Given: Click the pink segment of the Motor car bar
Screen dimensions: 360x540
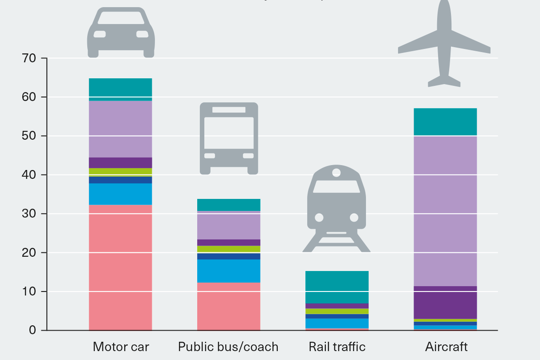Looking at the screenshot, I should click(120, 267).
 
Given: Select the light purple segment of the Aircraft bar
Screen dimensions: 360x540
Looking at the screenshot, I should click(446, 211).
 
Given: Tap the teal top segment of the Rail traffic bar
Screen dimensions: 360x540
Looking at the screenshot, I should click(337, 287).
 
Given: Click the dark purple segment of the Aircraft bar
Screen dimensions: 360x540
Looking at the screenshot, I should click(446, 302).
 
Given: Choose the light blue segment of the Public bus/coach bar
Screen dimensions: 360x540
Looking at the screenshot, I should click(228, 271).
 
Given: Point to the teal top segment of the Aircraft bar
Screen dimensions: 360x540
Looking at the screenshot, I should click(446, 121).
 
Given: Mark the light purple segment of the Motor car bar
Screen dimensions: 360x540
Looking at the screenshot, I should click(120, 129).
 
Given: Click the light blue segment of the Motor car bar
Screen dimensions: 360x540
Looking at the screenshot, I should click(120, 194).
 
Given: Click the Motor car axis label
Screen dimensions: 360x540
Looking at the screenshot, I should click(121, 347).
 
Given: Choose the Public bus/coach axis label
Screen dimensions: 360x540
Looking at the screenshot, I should click(228, 347).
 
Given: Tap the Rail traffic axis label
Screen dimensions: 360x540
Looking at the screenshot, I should click(337, 347).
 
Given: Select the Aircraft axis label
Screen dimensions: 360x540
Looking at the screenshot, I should click(446, 347).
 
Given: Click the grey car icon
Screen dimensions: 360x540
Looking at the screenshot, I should click(121, 32).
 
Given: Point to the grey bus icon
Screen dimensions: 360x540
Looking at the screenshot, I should click(229, 138).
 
